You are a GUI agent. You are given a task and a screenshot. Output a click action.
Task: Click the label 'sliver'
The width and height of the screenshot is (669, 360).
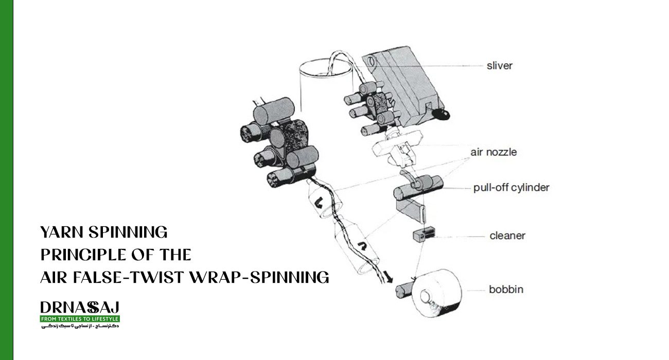[499, 66]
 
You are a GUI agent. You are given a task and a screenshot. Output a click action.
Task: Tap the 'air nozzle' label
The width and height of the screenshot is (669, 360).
[493, 152]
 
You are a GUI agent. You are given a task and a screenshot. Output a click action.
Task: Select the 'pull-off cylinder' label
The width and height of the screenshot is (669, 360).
[511, 187]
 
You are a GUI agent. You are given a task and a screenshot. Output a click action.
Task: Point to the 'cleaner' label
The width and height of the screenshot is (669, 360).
[507, 236]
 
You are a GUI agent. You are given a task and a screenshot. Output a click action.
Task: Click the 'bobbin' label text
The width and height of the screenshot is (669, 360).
[506, 289]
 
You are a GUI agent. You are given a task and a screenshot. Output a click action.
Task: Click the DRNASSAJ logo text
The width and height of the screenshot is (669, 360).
[80, 308]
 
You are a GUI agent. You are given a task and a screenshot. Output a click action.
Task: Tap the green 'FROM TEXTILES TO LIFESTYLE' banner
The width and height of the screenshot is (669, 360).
[80, 319]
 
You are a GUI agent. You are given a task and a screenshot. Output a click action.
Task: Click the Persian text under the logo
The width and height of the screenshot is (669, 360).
[80, 327]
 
